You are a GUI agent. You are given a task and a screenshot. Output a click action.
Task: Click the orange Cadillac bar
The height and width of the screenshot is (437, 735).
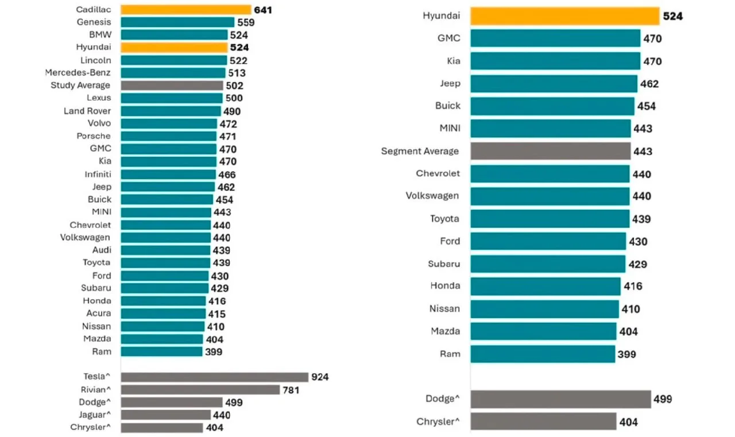click(185, 10)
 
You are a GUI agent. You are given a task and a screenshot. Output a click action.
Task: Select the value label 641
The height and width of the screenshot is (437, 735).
click(263, 10)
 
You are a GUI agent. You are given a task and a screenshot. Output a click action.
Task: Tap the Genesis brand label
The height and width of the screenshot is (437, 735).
click(94, 22)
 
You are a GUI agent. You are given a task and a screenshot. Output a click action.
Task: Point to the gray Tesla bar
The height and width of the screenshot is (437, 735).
click(215, 377)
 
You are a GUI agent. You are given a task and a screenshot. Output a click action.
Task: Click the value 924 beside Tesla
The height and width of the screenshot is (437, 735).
click(320, 377)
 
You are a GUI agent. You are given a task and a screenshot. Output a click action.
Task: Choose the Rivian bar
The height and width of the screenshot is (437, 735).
click(200, 390)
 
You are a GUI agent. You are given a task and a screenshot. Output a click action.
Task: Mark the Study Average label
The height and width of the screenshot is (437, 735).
click(80, 86)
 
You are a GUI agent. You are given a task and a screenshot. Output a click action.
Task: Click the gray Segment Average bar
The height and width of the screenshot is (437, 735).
click(550, 151)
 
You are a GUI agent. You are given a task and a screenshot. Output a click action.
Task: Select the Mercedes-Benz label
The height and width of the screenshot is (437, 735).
click(78, 72)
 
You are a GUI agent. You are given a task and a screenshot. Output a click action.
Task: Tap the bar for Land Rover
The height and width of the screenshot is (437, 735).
click(171, 111)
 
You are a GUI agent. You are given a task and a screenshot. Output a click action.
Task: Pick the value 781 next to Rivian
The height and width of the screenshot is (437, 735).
click(291, 390)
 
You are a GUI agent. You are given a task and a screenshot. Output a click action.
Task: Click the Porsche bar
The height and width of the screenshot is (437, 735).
click(168, 137)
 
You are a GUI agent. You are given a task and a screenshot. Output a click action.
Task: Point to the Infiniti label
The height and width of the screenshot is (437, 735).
click(98, 174)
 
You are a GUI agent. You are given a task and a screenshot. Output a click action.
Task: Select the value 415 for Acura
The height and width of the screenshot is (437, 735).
click(217, 314)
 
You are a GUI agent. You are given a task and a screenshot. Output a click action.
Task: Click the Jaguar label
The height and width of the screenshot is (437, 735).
click(95, 415)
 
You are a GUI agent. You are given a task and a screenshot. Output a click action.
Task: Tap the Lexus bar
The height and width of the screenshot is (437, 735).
click(172, 98)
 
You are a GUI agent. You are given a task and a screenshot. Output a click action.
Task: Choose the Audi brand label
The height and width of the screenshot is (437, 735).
click(102, 250)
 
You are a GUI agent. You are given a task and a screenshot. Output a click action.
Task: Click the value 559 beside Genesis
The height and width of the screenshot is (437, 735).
click(246, 22)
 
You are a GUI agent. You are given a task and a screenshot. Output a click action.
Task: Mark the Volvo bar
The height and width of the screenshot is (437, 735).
click(169, 123)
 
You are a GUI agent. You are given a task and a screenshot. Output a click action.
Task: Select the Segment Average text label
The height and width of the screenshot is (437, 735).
click(420, 151)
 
